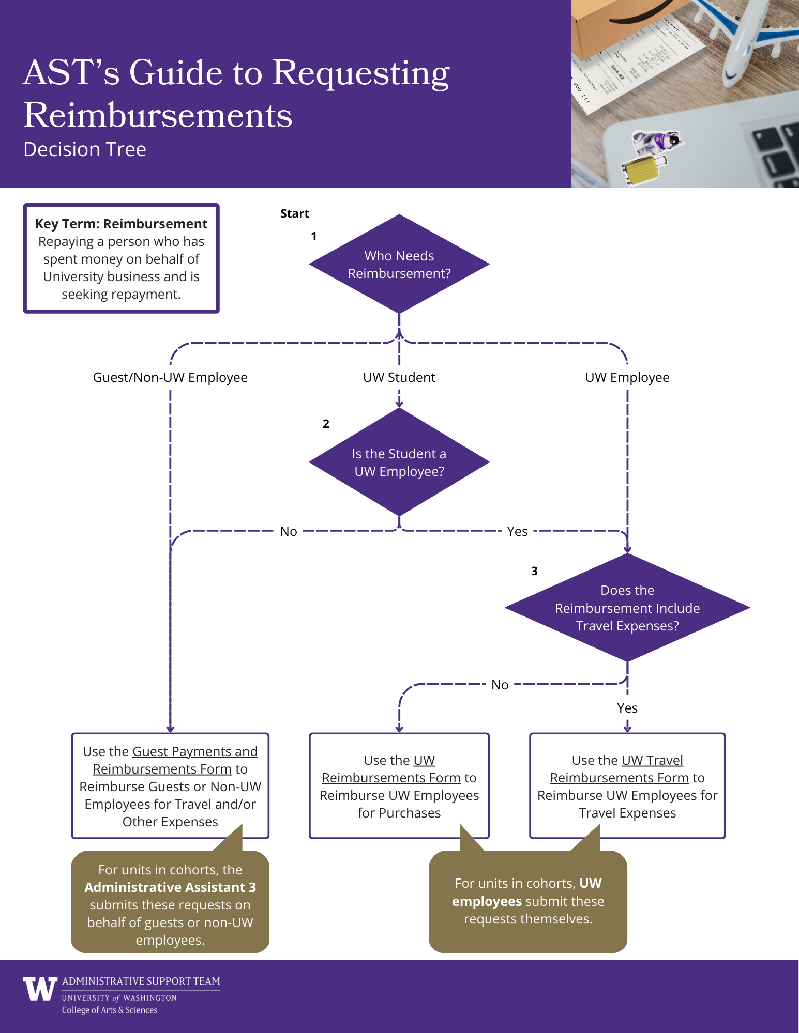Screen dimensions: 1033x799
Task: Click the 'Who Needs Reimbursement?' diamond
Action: (x=399, y=264)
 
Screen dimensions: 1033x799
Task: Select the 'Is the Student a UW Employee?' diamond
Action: (x=399, y=462)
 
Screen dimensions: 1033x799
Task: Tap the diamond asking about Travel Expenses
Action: (x=627, y=608)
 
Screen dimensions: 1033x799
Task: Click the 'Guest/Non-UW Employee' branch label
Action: (x=170, y=377)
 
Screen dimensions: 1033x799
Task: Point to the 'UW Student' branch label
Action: (x=399, y=377)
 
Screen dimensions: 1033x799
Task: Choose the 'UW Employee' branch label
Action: (x=627, y=377)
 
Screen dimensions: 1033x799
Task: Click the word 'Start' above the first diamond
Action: (x=294, y=213)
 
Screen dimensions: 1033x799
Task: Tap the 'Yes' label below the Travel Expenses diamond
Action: (x=627, y=708)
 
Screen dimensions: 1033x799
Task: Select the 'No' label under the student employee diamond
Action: (x=288, y=531)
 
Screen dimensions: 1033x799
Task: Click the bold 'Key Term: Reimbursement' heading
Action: (x=121, y=224)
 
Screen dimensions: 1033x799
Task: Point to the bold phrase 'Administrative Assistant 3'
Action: (x=170, y=887)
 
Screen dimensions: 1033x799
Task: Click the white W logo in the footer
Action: (x=40, y=989)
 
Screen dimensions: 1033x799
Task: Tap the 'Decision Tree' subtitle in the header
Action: (x=85, y=149)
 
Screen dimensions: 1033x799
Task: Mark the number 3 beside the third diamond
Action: (x=534, y=571)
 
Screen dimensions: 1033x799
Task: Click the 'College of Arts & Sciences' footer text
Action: (x=109, y=1010)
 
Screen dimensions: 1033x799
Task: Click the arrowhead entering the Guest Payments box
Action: (x=170, y=729)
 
